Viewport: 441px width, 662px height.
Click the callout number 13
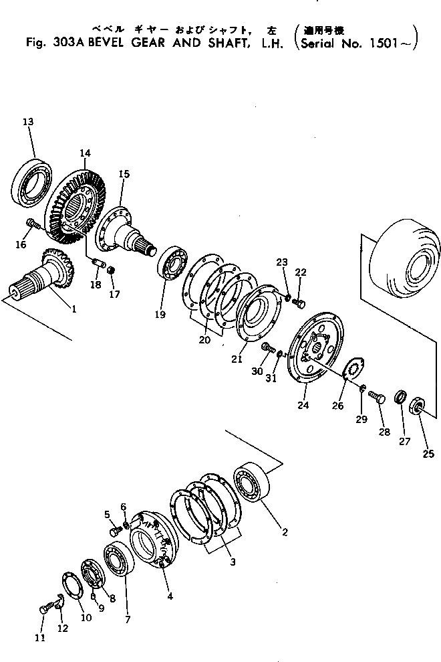click(28, 122)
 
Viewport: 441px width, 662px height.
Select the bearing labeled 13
click(31, 181)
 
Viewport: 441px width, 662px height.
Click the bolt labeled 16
click(32, 224)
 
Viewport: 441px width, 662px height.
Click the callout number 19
click(160, 315)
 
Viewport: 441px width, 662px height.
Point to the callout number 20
click(204, 339)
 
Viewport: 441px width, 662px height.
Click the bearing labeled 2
click(252, 482)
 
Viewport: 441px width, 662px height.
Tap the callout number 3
click(233, 562)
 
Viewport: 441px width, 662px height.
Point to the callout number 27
click(405, 442)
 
